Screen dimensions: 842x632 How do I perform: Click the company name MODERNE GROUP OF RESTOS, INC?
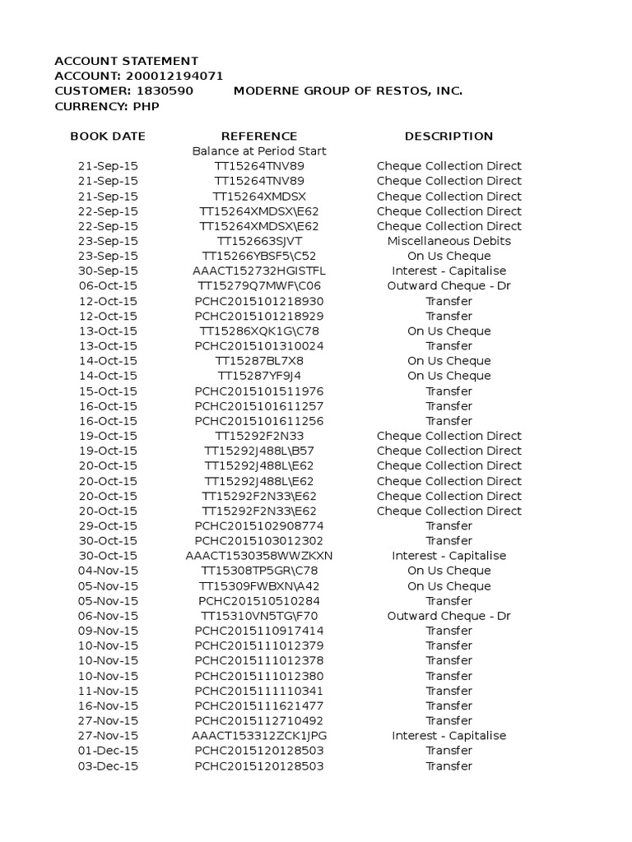[347, 90]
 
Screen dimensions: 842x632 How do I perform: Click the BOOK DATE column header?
[108, 136]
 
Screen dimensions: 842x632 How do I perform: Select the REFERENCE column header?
[259, 136]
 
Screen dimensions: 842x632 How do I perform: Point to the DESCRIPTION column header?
[448, 136]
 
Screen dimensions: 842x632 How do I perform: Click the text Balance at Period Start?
[259, 151]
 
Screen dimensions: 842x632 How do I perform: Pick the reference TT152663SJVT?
[259, 241]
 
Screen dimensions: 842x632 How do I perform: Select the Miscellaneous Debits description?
[448, 241]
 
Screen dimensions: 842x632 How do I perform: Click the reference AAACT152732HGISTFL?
[259, 271]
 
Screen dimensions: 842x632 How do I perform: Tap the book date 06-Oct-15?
[108, 286]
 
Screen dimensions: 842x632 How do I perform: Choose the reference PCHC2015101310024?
[259, 346]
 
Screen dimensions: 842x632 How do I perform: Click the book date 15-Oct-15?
[108, 391]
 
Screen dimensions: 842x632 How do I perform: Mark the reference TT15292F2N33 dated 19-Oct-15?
[259, 436]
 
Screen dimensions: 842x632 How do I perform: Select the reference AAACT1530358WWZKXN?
[259, 556]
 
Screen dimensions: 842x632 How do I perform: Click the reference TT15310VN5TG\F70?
[259, 616]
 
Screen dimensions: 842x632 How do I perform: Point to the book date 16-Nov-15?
[108, 706]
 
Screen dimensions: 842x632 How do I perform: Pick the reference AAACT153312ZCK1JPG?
[259, 736]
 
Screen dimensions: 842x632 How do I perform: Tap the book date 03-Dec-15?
[108, 766]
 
